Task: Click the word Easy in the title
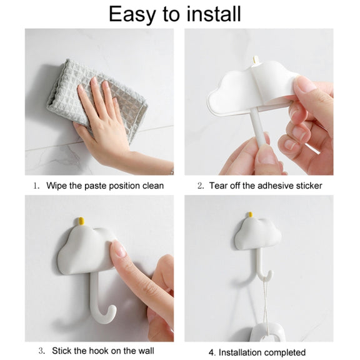click(x=132, y=14)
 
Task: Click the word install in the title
click(x=214, y=14)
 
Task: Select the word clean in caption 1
click(x=153, y=186)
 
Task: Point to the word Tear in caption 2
click(x=218, y=186)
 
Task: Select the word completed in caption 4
click(x=283, y=352)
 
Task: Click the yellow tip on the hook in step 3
click(x=81, y=221)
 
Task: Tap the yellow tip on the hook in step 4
click(x=251, y=215)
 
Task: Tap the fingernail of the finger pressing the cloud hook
click(x=119, y=249)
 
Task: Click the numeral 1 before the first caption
click(x=36, y=186)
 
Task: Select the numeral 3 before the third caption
click(x=41, y=351)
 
